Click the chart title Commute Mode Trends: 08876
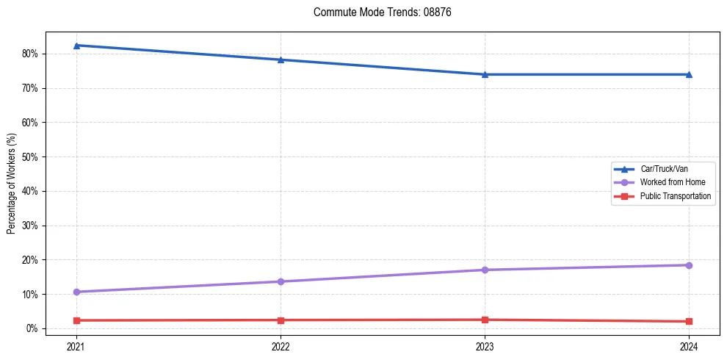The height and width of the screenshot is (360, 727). point(377,12)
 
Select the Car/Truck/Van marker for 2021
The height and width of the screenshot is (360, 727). point(76,46)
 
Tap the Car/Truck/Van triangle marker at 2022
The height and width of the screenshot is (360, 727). point(281,60)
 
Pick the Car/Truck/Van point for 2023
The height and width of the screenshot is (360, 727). point(485,74)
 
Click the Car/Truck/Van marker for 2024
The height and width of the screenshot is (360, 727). point(689,74)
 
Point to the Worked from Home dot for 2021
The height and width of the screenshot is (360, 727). point(76,292)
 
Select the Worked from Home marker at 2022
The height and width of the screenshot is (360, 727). point(281,281)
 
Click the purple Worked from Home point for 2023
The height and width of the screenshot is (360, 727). point(485,270)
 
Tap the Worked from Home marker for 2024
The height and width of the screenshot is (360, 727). point(689,265)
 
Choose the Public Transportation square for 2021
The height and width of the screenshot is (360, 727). point(76,320)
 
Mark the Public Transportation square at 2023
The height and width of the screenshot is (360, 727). point(485,320)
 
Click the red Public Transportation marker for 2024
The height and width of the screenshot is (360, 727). point(689,321)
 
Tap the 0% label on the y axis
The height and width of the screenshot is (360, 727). point(33,328)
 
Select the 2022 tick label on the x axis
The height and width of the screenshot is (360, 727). point(281,345)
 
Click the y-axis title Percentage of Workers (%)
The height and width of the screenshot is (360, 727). point(12,184)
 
